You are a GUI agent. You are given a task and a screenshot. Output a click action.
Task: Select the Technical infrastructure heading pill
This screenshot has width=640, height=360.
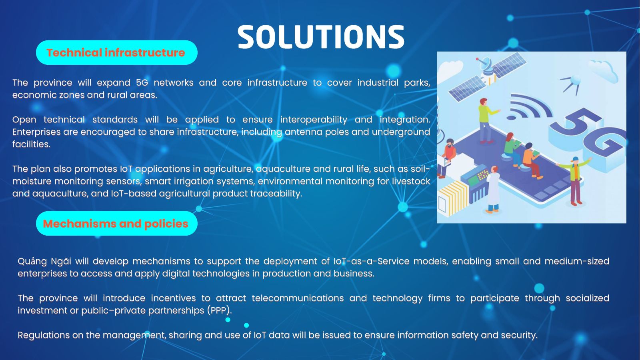click(116, 52)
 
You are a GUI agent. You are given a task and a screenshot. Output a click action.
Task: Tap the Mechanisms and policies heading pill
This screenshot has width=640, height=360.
click(116, 224)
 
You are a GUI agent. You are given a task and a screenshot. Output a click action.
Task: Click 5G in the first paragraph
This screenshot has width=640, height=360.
click(142, 82)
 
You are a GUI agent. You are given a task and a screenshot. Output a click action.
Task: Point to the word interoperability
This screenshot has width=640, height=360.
click(314, 120)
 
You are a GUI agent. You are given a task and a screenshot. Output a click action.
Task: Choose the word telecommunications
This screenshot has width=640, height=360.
click(298, 298)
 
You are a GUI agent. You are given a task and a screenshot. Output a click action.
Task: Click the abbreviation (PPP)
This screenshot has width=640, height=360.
click(220, 310)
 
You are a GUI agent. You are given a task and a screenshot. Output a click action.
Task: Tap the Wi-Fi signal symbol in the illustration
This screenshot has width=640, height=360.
click(528, 107)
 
